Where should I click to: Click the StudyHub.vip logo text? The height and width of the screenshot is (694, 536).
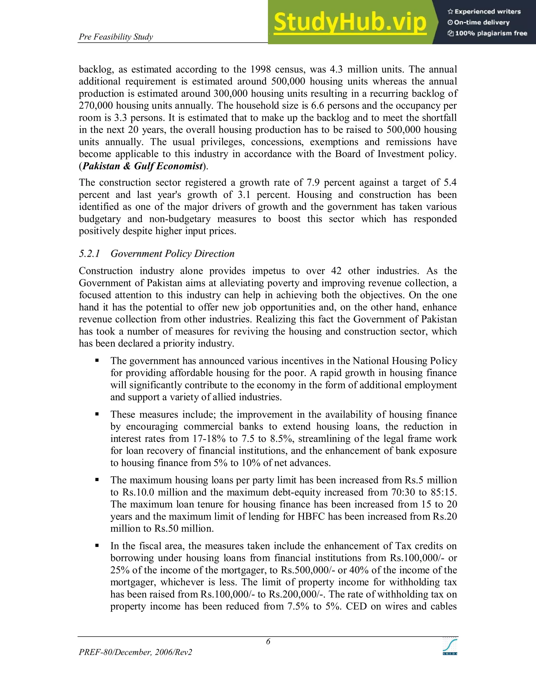coord(350,22)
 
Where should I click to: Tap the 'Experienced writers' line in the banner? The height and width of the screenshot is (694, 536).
coord(484,12)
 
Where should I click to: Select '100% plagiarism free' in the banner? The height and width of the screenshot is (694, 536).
coord(487,33)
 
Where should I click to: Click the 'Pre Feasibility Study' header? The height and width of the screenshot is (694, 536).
coord(116,37)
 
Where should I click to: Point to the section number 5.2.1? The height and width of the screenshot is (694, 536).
coord(89,254)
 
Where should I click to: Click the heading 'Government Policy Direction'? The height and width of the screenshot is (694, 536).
coord(172,254)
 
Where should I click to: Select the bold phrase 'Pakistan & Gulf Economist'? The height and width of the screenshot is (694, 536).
coord(143,166)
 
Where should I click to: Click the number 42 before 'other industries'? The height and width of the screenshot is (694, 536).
coord(336,271)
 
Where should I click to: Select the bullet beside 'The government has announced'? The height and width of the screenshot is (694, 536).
coord(97,360)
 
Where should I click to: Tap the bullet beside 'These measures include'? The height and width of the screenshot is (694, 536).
coord(97,414)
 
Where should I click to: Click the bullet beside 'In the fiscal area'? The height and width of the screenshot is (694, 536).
coord(97,546)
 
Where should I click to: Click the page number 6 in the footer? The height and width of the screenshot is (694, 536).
coord(268,642)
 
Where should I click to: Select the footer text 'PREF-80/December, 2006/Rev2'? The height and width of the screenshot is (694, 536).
coord(136,652)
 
